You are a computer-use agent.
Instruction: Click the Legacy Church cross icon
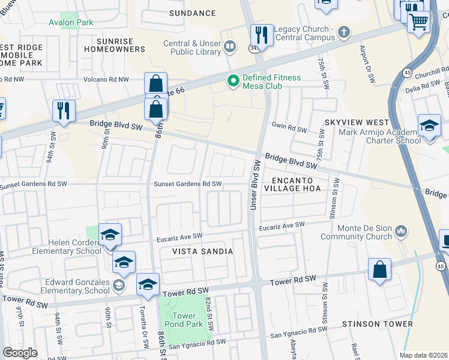click(343, 32)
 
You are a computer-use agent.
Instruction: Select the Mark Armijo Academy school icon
click(429, 125)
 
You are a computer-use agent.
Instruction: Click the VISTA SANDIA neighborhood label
click(203, 252)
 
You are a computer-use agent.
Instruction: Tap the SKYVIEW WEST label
click(352, 122)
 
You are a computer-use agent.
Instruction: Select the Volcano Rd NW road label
click(107, 79)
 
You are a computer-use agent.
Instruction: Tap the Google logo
click(20, 353)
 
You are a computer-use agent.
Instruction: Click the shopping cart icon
click(418, 22)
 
